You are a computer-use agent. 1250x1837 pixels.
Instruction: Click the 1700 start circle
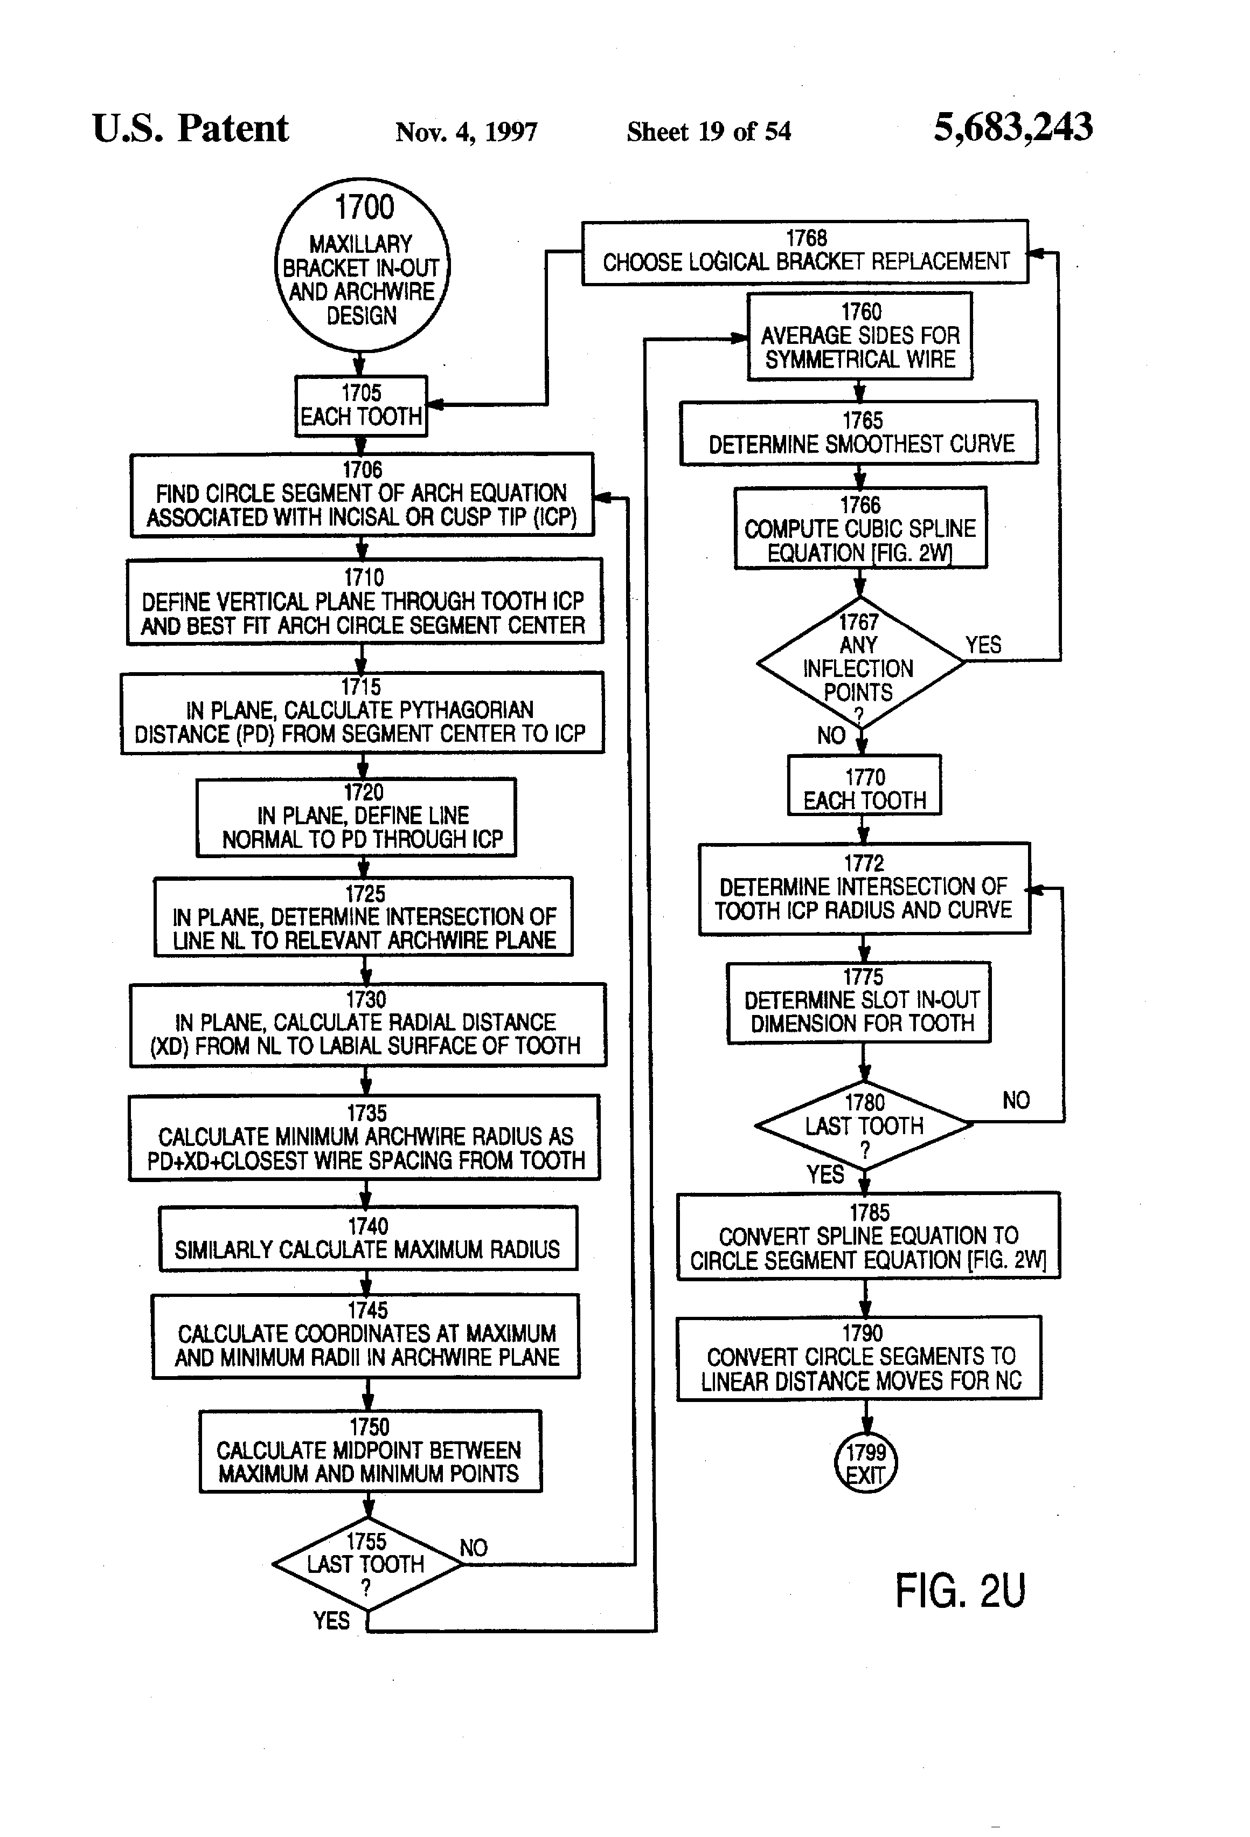click(x=362, y=265)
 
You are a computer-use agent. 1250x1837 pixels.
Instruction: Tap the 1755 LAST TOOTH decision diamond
click(x=366, y=1564)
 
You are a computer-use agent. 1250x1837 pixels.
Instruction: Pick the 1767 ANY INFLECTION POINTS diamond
click(x=860, y=662)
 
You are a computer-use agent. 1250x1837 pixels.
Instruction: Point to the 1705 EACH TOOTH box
click(x=361, y=405)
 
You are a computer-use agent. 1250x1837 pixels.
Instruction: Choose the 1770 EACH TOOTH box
click(x=864, y=785)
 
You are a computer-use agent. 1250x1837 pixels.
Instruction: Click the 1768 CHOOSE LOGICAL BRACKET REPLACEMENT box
click(x=805, y=251)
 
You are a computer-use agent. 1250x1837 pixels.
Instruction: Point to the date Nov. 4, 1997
click(x=466, y=131)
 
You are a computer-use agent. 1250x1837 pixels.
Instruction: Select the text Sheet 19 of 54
click(x=709, y=131)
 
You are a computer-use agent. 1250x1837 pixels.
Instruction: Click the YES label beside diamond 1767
click(x=983, y=645)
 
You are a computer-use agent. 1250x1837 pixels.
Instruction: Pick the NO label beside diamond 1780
click(x=1016, y=1100)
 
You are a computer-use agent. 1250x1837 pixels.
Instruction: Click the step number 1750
click(x=369, y=1427)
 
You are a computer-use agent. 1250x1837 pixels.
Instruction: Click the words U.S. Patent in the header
click(x=190, y=128)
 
